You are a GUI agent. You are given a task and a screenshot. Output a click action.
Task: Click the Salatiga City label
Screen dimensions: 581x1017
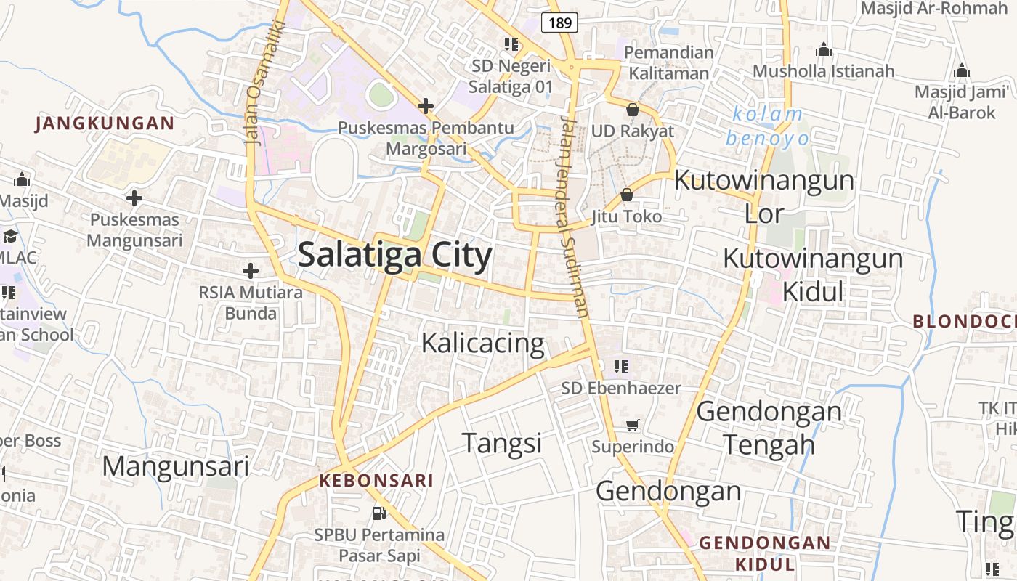coord(394,256)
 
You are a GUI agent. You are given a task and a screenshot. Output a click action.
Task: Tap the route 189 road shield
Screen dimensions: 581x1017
coord(559,23)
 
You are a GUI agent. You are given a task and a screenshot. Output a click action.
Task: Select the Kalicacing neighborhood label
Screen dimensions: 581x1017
coord(482,343)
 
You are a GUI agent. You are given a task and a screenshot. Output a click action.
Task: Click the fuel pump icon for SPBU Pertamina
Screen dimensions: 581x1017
coord(378,513)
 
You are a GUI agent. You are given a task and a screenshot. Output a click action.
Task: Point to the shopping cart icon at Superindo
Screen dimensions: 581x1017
coord(633,425)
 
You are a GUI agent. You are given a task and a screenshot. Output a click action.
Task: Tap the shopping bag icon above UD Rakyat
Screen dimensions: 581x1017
coord(632,110)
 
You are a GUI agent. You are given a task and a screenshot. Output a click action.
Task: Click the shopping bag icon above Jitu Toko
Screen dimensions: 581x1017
coord(626,195)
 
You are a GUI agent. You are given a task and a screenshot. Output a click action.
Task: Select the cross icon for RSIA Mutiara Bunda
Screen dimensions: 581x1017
coord(251,271)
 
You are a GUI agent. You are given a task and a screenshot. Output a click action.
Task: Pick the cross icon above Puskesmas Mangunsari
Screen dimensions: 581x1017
coord(134,198)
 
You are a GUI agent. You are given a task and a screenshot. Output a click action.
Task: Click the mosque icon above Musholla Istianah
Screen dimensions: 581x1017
coord(823,50)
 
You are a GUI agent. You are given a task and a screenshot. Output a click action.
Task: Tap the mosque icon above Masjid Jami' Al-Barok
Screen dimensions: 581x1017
coord(961,70)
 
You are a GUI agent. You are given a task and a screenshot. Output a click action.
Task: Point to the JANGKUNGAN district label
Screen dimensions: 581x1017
coord(105,123)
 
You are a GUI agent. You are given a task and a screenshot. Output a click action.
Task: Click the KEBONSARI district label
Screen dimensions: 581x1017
coord(376,481)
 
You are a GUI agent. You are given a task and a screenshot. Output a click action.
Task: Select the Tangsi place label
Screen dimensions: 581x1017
coord(502,442)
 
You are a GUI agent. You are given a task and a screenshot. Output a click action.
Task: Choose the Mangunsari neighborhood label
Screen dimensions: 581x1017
coord(175,466)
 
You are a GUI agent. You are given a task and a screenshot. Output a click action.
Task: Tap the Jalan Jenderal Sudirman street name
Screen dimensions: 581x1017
coord(574,218)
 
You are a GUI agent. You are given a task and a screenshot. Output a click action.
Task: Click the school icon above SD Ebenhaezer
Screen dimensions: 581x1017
coord(620,366)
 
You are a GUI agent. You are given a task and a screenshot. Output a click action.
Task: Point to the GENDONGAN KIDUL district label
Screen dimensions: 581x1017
coord(764,553)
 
